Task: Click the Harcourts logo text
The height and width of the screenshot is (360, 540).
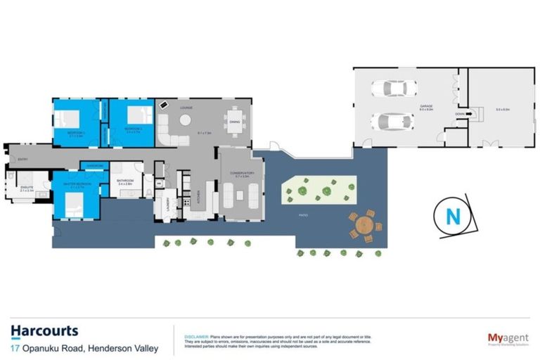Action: click(44, 330)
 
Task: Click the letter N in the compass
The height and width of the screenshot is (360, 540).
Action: click(454, 217)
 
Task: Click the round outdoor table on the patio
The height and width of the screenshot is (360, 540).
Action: click(364, 225)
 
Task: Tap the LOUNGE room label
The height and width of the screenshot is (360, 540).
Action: click(186, 107)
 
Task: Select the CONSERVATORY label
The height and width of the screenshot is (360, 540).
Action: click(240, 172)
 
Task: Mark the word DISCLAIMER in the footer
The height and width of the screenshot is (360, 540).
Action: click(196, 337)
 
